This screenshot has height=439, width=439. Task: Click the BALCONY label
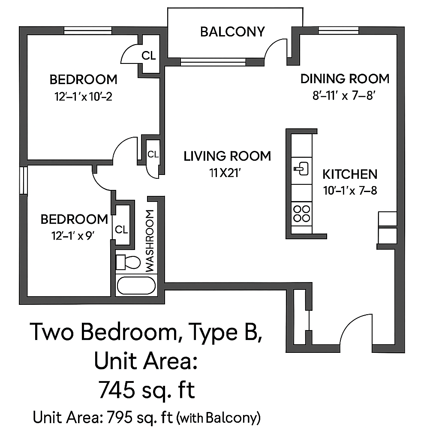point(232,32)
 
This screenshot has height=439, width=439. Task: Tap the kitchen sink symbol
point(301,169)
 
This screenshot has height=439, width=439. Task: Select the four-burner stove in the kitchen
point(301,213)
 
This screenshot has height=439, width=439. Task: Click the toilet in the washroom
point(128,262)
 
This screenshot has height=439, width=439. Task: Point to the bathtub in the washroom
point(136,286)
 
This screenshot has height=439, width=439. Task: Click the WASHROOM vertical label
point(150,241)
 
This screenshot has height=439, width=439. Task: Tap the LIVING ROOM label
point(227,156)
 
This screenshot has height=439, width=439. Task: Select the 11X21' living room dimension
point(225,173)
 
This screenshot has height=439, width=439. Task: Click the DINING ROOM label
point(345,79)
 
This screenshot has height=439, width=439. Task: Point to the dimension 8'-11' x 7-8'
point(344,96)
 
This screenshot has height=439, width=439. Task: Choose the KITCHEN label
point(350,174)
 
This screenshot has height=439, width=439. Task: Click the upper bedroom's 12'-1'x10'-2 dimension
point(84,97)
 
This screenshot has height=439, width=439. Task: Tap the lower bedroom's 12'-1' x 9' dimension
point(72,236)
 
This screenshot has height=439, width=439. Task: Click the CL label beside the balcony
point(148,56)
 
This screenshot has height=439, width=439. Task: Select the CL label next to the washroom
point(121,230)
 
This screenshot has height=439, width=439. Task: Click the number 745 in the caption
point(117,390)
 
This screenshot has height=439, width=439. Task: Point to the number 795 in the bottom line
point(120,418)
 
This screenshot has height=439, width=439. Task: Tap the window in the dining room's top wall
point(339,30)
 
